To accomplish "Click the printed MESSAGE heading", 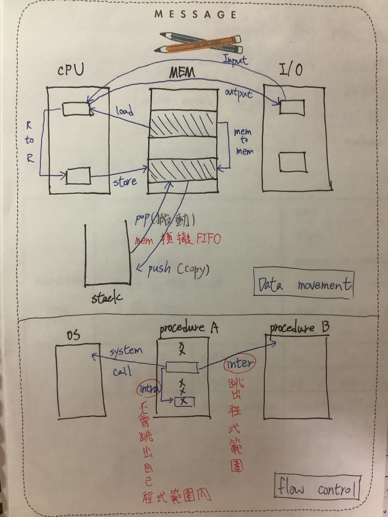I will pyautogui.click(x=196, y=15).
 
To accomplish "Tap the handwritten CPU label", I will pyautogui.click(x=71, y=70).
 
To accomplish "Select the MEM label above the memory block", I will pyautogui.click(x=182, y=72).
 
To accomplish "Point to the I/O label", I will pyautogui.click(x=291, y=70).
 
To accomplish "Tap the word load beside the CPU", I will pyautogui.click(x=125, y=111).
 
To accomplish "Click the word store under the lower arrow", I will pyautogui.click(x=125, y=182).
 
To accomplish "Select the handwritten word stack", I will pyautogui.click(x=107, y=298).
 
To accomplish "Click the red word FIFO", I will pyautogui.click(x=208, y=238).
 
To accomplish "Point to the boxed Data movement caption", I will pyautogui.click(x=304, y=283).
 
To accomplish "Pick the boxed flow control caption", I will pyautogui.click(x=317, y=487).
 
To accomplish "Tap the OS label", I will pyautogui.click(x=73, y=335).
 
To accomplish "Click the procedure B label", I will pyautogui.click(x=299, y=328).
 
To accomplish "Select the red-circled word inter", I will pyautogui.click(x=239, y=364).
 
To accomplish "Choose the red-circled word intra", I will pyautogui.click(x=149, y=388).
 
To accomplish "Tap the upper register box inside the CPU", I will pyautogui.click(x=76, y=109).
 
